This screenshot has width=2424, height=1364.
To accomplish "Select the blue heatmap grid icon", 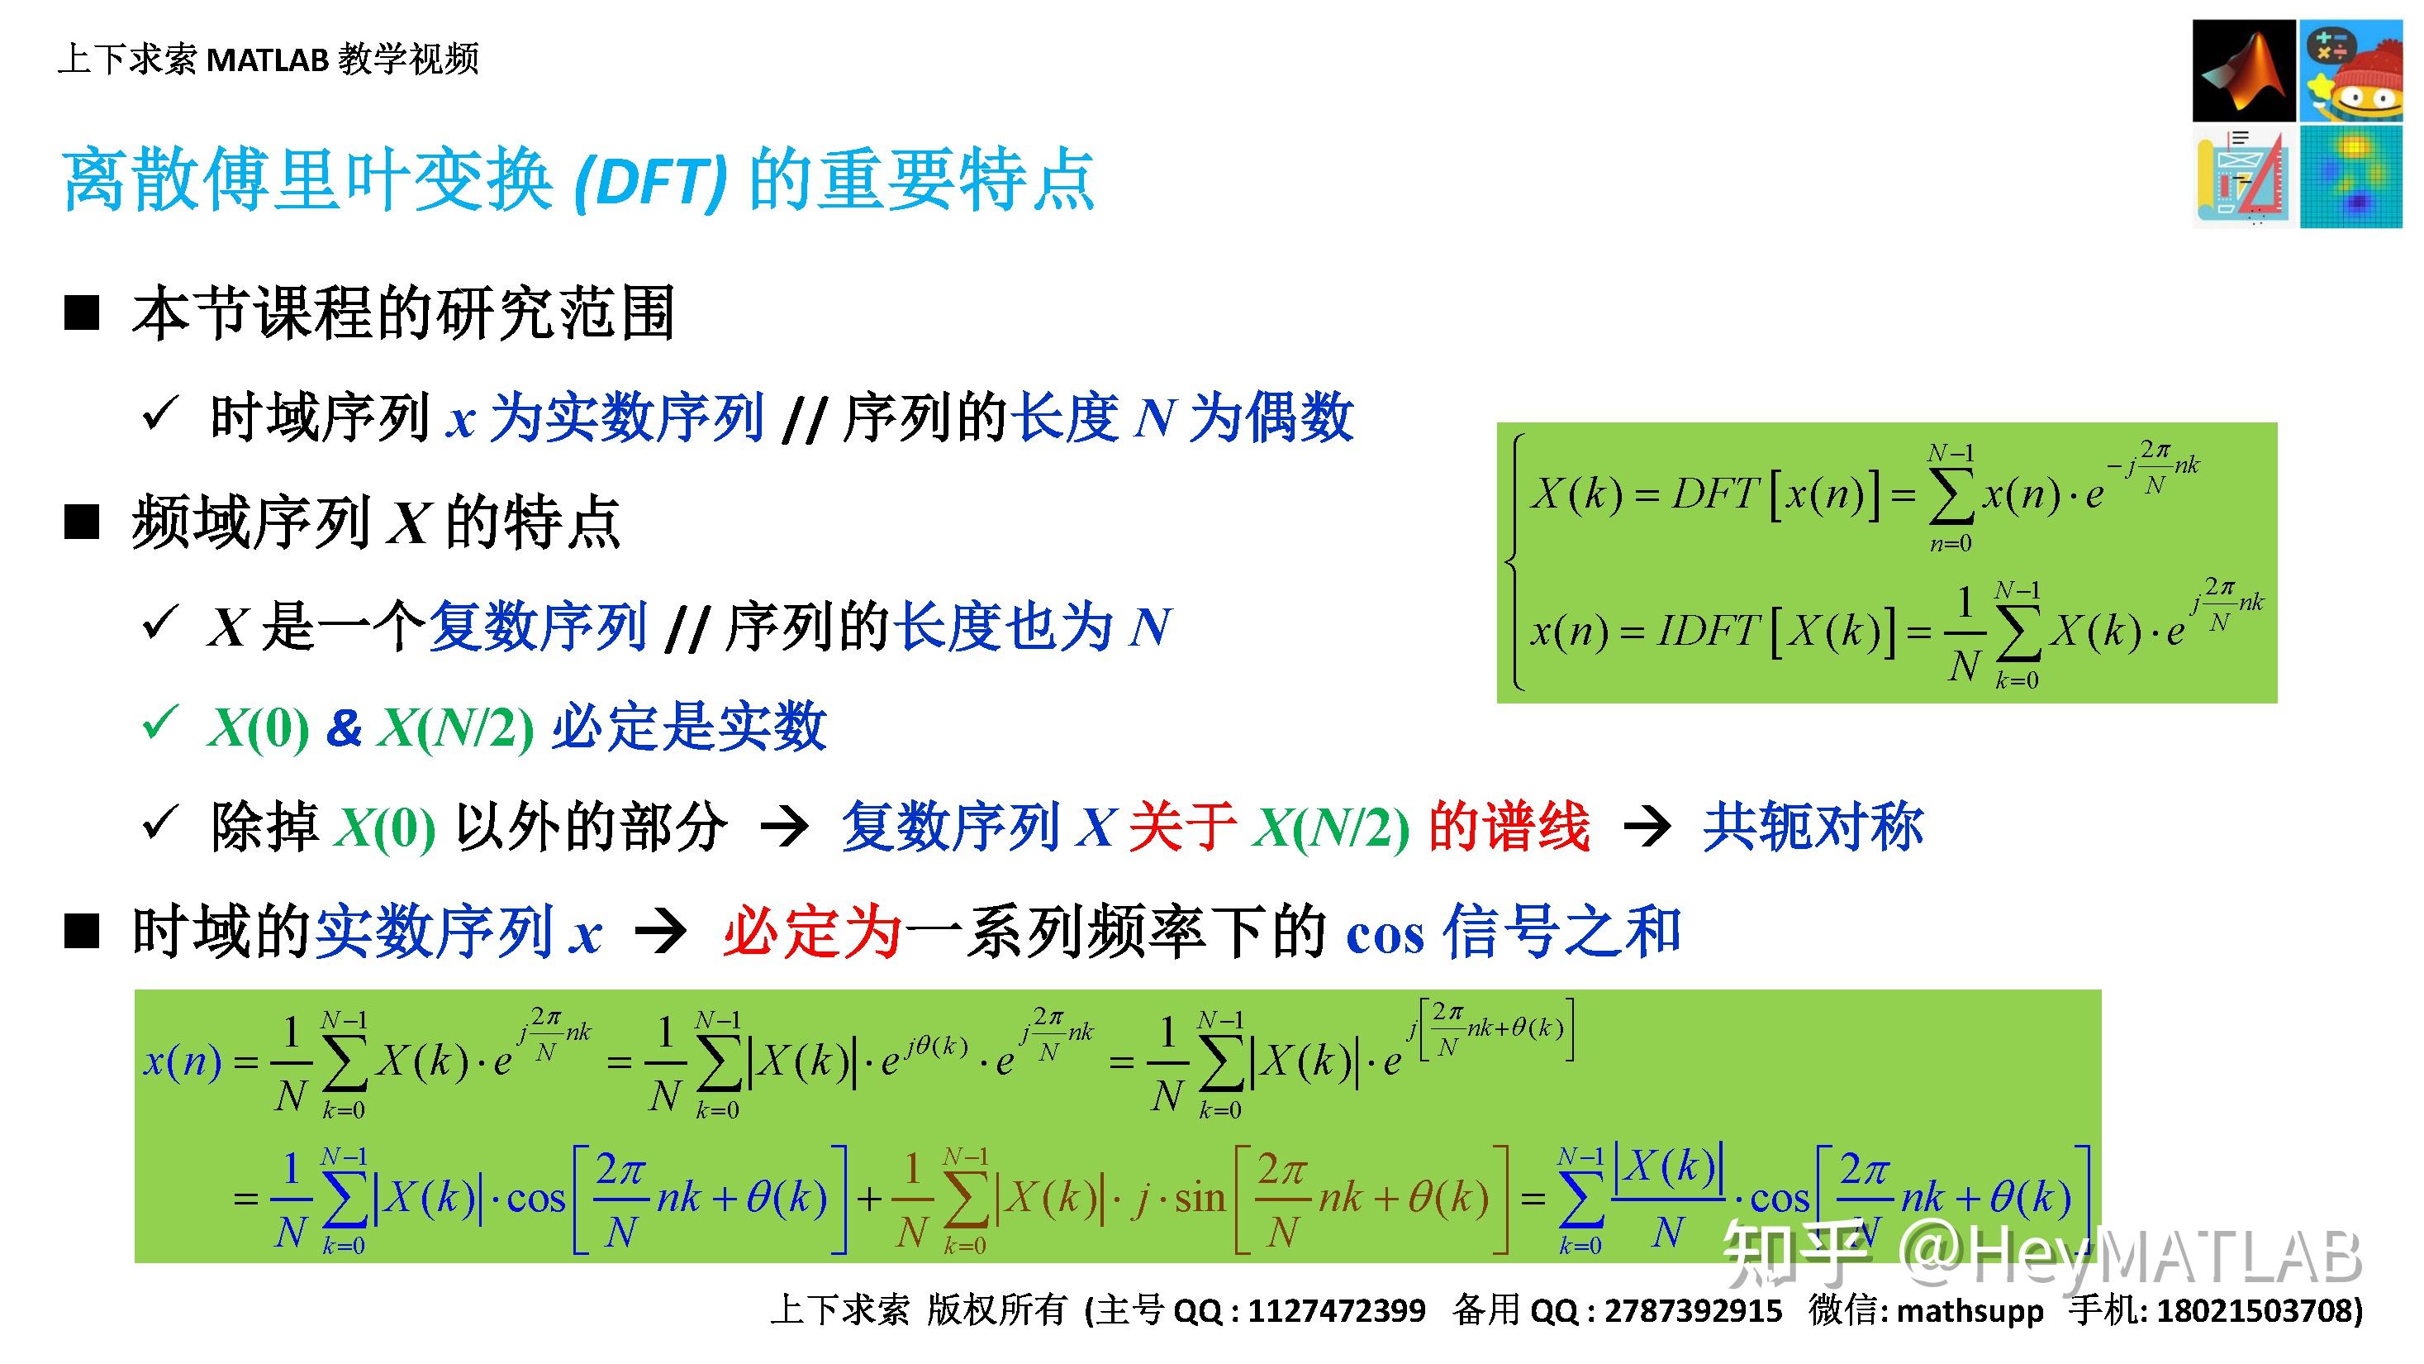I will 2350,177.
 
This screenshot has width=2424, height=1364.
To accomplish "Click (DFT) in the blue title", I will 650,181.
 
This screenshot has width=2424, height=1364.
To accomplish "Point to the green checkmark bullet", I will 160,725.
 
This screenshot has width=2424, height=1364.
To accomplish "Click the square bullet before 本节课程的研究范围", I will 82,312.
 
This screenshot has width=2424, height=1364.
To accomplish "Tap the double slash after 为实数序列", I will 803,420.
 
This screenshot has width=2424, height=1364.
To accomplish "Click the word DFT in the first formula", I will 1713,494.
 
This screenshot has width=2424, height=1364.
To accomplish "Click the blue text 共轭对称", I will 1813,827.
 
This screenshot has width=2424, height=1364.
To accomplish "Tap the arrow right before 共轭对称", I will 1647,827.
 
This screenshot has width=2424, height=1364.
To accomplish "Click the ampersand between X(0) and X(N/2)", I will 344,727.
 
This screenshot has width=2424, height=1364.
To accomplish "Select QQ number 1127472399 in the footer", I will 1336,1310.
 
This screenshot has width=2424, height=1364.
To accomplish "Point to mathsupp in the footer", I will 1970,1310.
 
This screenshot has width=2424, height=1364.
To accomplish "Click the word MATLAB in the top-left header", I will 267,60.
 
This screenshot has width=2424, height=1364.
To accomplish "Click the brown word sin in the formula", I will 1199,1199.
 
